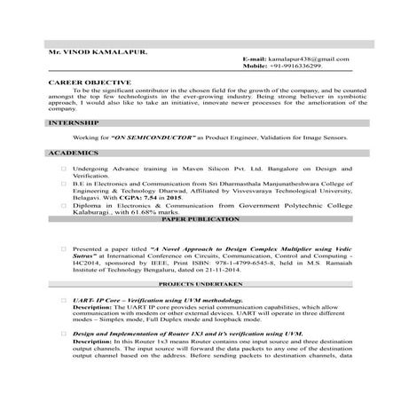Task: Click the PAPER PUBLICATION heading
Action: tap(200, 218)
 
